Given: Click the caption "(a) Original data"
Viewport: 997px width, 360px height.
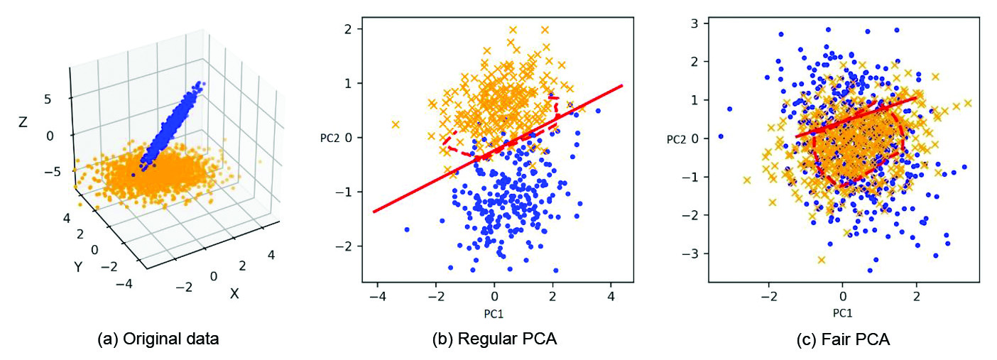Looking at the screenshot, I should [158, 339].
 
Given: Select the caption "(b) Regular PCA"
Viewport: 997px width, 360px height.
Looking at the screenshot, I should [494, 339].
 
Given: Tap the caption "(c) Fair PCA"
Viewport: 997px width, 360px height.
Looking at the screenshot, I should [842, 339].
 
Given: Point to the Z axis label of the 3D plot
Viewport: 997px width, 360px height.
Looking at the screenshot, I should [23, 122].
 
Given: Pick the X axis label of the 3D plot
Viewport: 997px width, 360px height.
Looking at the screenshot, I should [234, 293].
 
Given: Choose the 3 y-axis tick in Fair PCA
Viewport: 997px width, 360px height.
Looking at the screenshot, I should [688, 23].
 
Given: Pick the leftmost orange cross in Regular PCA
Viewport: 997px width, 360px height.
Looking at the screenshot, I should [396, 124].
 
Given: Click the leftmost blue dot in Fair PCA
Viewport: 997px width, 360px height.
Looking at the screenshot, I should [721, 136].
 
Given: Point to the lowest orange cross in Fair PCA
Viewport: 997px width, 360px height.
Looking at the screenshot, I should [821, 260].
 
